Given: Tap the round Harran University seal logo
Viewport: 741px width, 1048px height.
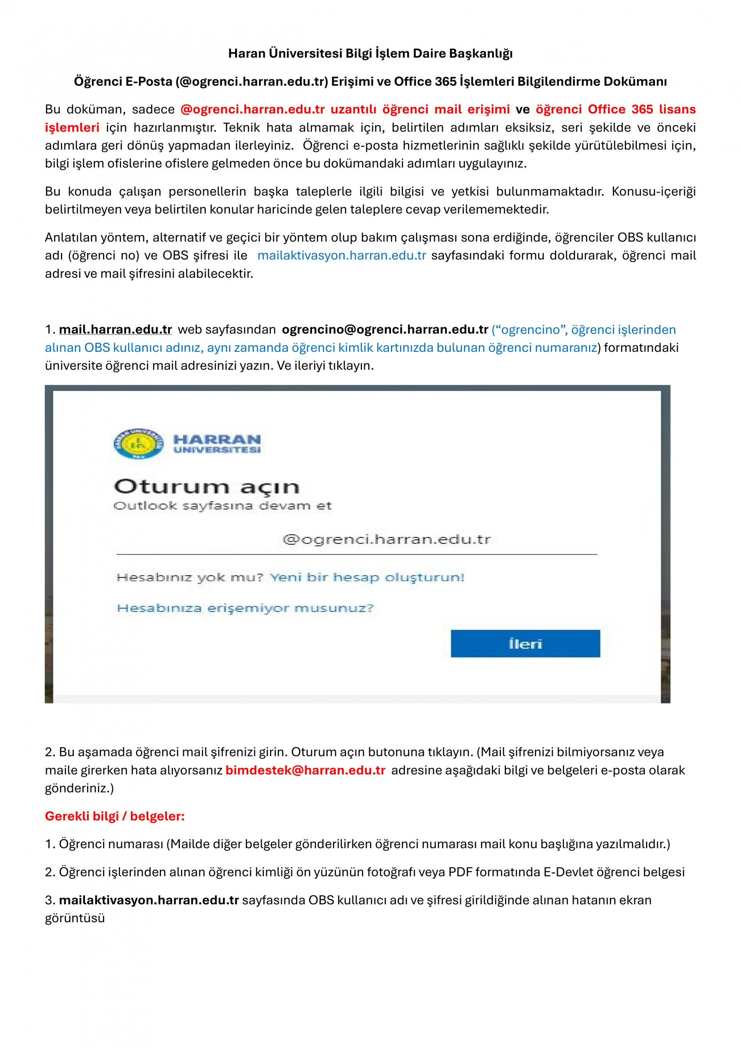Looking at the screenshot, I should tap(138, 443).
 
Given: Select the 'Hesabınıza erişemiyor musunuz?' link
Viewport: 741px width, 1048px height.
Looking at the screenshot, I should tap(245, 608).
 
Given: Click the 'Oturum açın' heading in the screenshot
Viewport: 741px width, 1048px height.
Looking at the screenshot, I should tap(206, 487).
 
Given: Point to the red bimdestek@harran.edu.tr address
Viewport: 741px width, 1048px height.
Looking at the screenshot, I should tap(305, 770).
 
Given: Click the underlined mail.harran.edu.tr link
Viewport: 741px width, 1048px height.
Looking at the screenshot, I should tap(115, 329).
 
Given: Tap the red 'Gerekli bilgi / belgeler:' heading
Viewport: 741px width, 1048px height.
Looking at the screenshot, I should tap(115, 816).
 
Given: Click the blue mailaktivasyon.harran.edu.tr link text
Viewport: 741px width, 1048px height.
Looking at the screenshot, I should tap(342, 255).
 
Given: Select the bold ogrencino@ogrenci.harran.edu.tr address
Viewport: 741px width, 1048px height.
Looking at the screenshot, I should tap(385, 329).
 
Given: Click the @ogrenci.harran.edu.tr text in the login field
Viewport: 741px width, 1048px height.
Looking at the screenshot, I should tap(387, 539).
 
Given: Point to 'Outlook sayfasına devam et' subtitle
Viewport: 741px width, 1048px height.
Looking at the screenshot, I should tap(222, 506).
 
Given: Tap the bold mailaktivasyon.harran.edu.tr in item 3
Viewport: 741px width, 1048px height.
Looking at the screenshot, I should tap(149, 900).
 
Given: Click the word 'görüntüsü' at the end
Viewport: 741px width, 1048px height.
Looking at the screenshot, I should tap(75, 918).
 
